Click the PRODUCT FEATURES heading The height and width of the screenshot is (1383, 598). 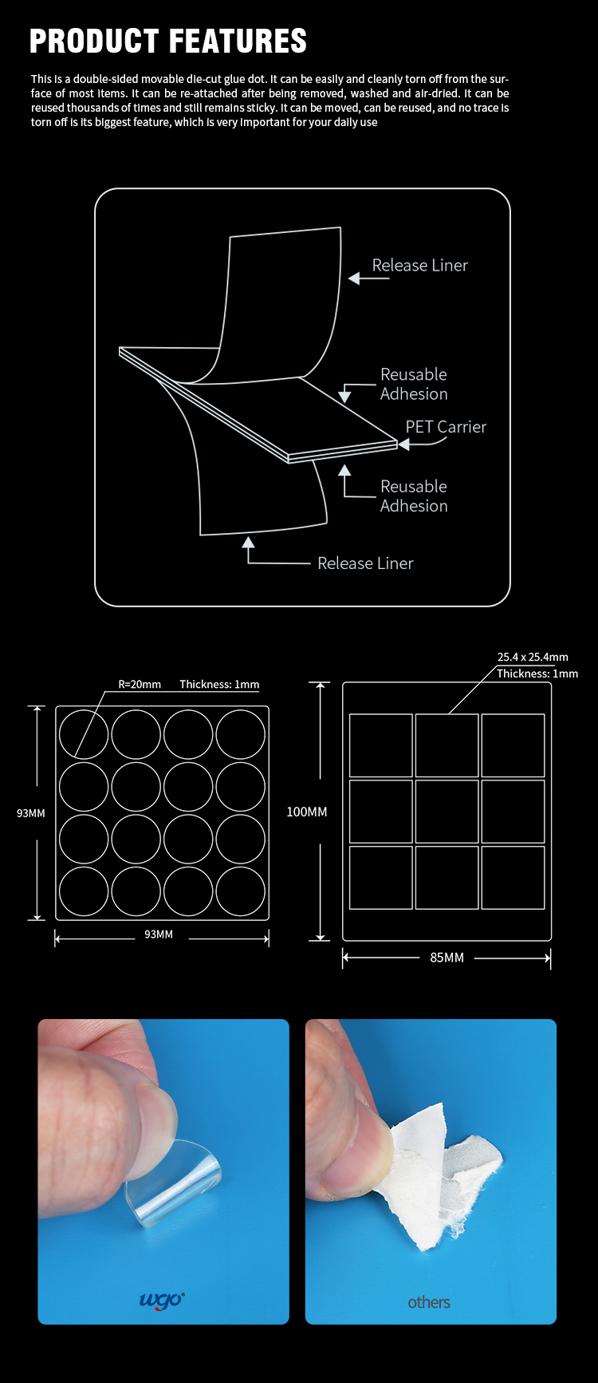[168, 41]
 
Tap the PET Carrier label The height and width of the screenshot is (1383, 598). [446, 427]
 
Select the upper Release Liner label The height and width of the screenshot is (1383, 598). [420, 265]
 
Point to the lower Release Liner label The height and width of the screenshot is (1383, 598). [365, 563]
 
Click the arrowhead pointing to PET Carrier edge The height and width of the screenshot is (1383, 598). [403, 445]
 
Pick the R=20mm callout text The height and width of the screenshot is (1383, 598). [140, 684]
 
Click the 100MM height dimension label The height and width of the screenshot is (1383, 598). [307, 812]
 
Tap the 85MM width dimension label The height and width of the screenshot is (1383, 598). [447, 958]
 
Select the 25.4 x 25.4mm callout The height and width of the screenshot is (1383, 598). [533, 657]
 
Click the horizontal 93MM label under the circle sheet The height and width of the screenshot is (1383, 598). [159, 934]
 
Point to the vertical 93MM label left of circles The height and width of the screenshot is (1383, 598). [31, 813]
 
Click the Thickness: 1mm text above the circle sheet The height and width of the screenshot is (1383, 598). [219, 684]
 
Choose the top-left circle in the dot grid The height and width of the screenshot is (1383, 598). [83, 734]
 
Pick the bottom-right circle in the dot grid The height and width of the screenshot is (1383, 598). [240, 891]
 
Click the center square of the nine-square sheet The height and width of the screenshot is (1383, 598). [447, 812]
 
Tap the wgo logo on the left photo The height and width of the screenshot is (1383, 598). [162, 1300]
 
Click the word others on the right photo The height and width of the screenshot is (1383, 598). [429, 1302]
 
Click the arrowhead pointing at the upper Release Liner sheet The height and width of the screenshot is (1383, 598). [355, 279]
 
